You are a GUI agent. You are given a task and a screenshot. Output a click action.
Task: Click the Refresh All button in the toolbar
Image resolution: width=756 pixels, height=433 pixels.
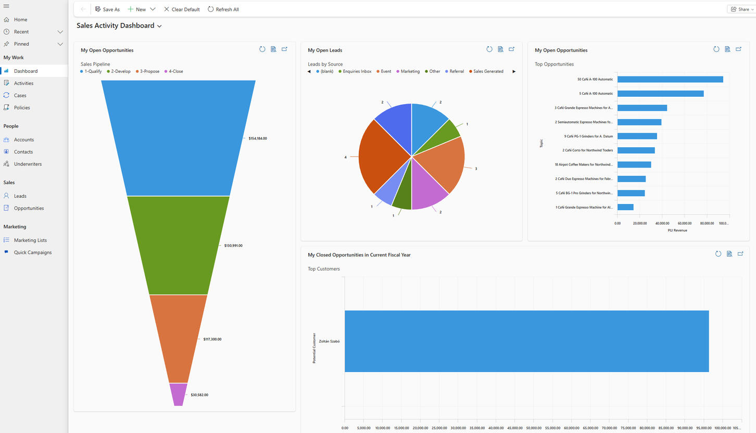[223, 9]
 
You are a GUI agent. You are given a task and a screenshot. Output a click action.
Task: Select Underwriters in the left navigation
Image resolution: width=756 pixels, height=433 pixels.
[28, 164]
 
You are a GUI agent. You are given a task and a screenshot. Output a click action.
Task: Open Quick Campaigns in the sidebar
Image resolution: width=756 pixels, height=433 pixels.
[33, 252]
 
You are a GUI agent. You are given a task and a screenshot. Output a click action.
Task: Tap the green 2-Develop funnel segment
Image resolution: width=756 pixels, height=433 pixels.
[178, 245]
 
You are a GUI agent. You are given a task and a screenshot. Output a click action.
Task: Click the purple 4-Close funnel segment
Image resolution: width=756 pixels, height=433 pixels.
[178, 394]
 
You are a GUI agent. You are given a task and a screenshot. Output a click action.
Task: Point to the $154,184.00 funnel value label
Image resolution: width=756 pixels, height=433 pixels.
[257, 138]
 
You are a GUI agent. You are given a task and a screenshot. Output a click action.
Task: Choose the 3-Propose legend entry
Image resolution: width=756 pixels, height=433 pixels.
[149, 71]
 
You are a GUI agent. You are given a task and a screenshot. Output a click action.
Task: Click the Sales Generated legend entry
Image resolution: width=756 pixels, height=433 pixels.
[488, 71]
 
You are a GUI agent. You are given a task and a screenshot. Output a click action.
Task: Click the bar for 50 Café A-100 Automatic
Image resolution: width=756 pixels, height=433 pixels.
[670, 80]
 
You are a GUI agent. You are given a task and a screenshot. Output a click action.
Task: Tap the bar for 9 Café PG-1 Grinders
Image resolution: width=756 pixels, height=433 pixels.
[637, 136]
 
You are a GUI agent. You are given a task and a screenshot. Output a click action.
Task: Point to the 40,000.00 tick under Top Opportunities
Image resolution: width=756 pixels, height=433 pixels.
[662, 223]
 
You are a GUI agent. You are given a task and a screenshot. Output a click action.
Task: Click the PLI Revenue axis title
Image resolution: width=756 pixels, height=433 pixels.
[677, 230]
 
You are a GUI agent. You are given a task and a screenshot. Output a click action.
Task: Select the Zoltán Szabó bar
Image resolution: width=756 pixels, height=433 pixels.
[526, 341]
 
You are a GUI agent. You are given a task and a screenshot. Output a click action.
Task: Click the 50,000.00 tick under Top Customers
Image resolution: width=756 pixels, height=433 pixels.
[534, 428]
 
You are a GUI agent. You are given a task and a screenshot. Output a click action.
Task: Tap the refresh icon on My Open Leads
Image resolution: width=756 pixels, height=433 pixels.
[489, 49]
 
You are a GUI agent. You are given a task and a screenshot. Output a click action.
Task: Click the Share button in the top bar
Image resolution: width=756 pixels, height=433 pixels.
[741, 9]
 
